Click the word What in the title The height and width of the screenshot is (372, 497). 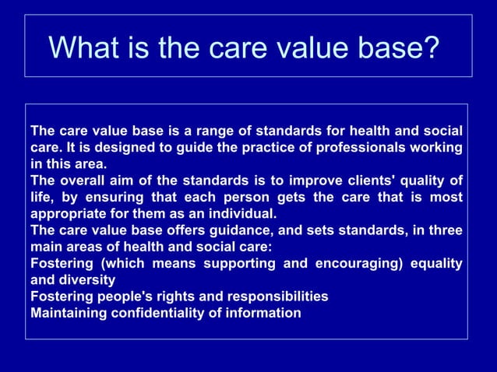tap(83, 47)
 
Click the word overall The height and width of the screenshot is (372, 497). tap(84, 181)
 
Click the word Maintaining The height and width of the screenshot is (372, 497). tap(69, 313)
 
